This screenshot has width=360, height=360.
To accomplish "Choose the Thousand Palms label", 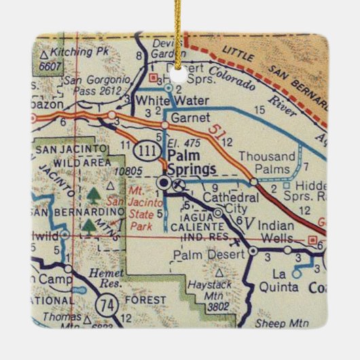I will click(x=268, y=162).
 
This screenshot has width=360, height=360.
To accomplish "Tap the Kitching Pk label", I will click(x=74, y=51).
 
